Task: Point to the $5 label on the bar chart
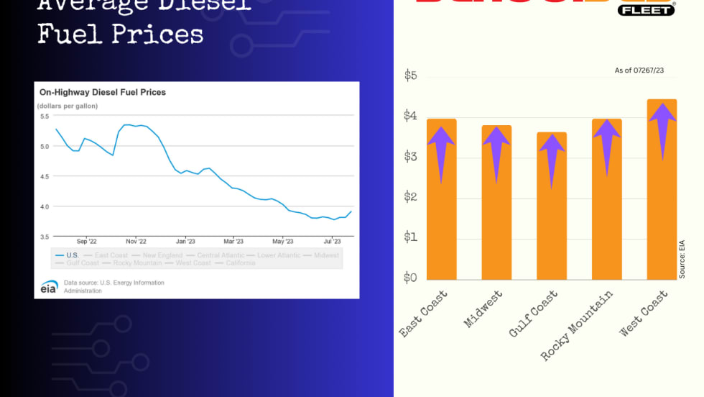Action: coord(411,76)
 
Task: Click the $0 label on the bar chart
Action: coord(411,277)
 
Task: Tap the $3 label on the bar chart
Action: coord(411,156)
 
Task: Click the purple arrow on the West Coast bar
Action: coord(662,129)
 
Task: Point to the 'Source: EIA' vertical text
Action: coord(682,259)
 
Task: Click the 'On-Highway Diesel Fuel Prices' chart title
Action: coord(103,93)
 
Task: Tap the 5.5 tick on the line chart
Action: coord(45,116)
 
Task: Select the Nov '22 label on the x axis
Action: coord(136,242)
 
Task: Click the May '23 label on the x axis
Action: coord(283,242)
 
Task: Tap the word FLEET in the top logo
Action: coord(647,10)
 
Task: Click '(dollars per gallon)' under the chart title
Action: coord(68,106)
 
